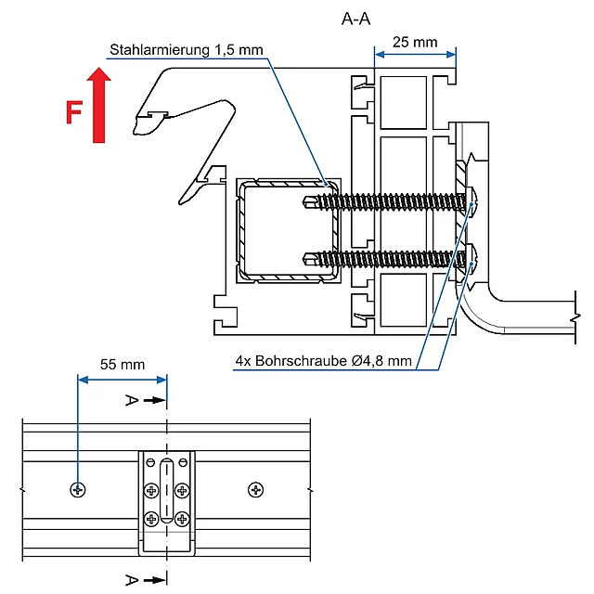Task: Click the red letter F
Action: point(74,112)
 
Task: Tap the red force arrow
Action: point(99,105)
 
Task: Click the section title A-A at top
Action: point(355,19)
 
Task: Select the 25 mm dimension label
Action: point(415,42)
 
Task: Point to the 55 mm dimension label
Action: point(123,365)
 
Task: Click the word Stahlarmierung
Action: point(160,49)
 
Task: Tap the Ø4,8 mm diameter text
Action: point(381,361)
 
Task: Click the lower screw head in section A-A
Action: point(471,260)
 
